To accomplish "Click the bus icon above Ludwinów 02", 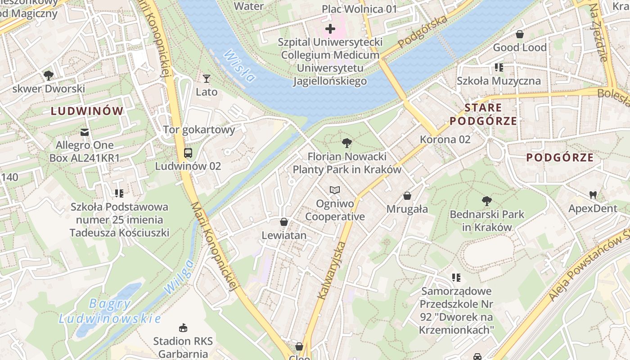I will tap(188, 153).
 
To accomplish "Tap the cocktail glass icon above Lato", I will tap(207, 79).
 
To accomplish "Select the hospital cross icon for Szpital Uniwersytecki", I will tap(330, 29).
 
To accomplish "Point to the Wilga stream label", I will tap(179, 277).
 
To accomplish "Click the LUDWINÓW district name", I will tap(87, 111).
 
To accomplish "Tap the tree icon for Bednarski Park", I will tap(486, 201).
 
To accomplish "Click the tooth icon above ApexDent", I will tap(593, 195).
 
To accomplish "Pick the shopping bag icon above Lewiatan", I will tap(284, 222).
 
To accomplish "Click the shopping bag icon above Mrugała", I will tap(407, 196).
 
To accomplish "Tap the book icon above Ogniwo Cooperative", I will tap(334, 190).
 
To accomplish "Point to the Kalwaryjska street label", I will tap(332, 270).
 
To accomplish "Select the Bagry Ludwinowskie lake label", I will tap(110, 311).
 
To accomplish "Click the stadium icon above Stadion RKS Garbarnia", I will tap(183, 327).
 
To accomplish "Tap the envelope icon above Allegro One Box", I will tap(85, 132).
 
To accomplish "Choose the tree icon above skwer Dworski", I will tap(49, 75).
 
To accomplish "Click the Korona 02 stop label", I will tap(445, 139).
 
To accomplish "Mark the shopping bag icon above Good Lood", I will tap(520, 34).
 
